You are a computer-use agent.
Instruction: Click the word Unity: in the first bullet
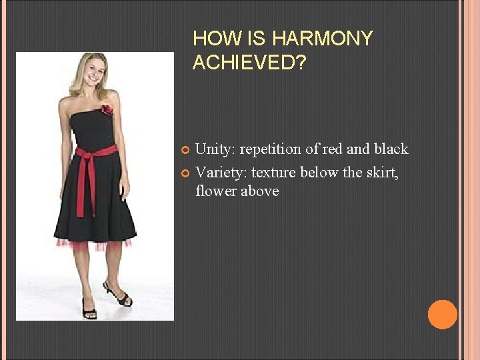[217, 149]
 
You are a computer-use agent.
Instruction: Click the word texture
[275, 173]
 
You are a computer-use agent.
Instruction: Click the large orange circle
[442, 314]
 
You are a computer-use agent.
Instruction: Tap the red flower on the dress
[106, 109]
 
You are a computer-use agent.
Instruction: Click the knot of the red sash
[85, 153]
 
